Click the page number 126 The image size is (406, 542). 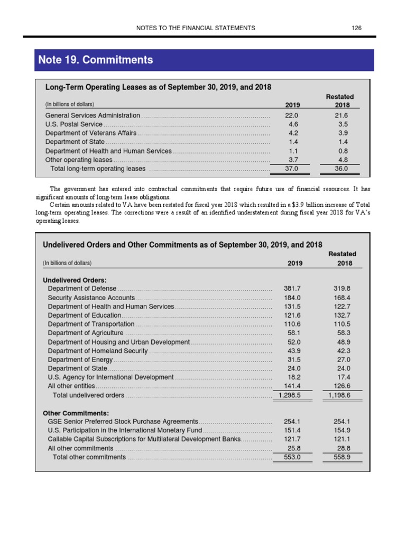pyautogui.click(x=356, y=28)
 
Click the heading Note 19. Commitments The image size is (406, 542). pyautogui.click(x=96, y=60)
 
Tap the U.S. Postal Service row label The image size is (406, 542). pyautogui.click(x=74, y=124)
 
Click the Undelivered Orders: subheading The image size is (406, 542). pyautogui.click(x=75, y=280)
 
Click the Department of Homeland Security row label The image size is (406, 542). pyautogui.click(x=98, y=351)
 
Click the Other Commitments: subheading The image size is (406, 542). pyautogui.click(x=76, y=413)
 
